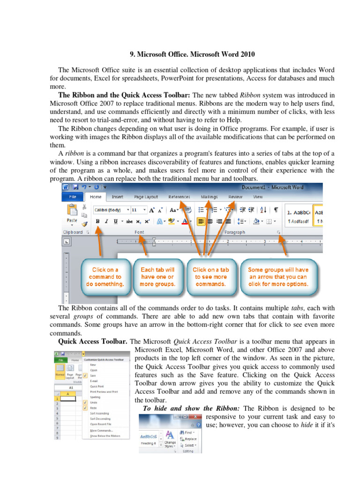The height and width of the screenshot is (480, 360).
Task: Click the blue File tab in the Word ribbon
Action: [73, 197]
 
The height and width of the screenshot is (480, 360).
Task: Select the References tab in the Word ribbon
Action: [179, 197]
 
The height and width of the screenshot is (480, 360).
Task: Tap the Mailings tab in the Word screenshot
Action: [209, 197]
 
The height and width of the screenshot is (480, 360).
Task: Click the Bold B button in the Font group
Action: [97, 221]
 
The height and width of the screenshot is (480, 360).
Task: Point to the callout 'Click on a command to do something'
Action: [105, 277]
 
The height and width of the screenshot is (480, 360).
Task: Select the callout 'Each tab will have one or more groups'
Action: [157, 277]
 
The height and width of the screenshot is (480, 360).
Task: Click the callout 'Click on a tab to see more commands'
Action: [211, 277]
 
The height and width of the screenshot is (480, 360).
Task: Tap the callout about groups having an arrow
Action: [278, 277]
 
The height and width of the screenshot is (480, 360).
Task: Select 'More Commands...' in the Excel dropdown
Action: [101, 430]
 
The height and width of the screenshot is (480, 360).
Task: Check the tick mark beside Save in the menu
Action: [85, 375]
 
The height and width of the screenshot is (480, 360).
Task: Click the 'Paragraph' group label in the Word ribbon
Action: [234, 232]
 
